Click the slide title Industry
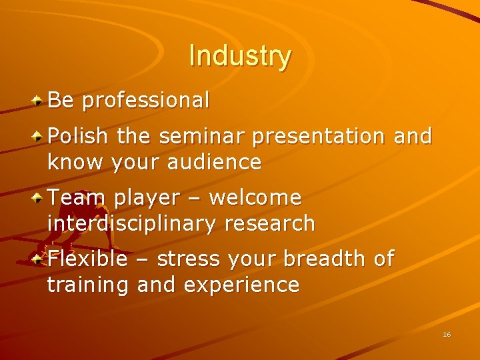click(x=240, y=56)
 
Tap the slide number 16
click(x=447, y=334)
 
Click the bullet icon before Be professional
click(x=39, y=101)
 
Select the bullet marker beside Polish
click(x=39, y=136)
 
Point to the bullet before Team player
click(x=39, y=198)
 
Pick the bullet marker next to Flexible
click(x=39, y=259)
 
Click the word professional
click(x=146, y=101)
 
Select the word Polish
click(x=77, y=137)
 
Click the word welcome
click(x=255, y=198)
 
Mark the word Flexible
click(x=87, y=259)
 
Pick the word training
click(x=88, y=286)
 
